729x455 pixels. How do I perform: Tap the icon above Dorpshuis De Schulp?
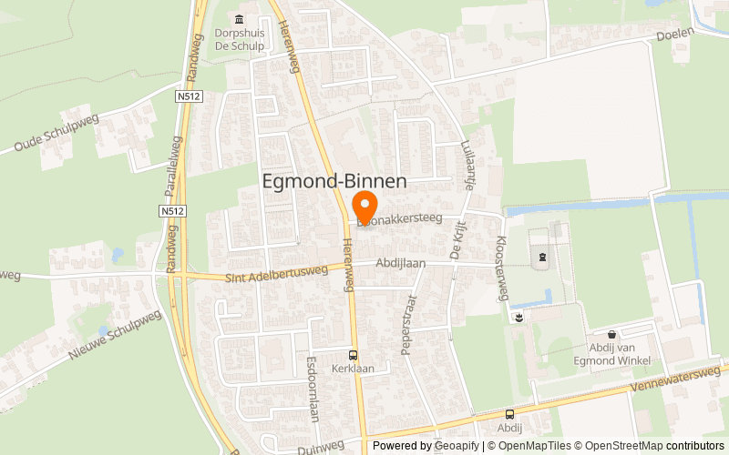pos(240,20)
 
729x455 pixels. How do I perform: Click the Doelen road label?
pos(675,34)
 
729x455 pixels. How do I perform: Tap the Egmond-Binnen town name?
pos(334,181)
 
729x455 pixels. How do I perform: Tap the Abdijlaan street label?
pos(401,262)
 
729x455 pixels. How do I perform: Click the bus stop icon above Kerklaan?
pos(352,356)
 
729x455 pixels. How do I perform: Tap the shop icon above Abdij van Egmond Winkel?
pos(611,335)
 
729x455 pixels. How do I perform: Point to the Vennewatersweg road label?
pos(680,378)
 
